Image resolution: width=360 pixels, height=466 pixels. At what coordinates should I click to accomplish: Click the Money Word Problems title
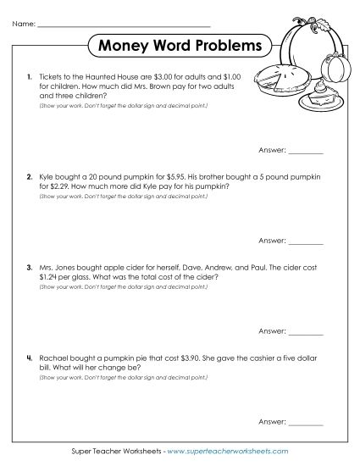point(180,45)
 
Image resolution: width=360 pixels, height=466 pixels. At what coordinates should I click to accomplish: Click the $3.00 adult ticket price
point(147,76)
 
